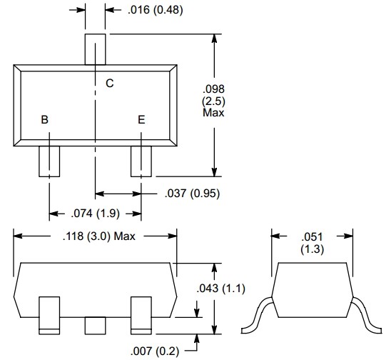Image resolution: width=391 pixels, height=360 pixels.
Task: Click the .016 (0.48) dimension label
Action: pos(155,10)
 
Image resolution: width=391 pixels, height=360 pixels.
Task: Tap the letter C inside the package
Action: pos(110,83)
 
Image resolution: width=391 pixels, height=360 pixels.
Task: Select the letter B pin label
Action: pos(44,119)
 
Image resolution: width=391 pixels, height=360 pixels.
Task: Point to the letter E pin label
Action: pos(141,120)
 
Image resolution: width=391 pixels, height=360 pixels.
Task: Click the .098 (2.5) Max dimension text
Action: pos(214,101)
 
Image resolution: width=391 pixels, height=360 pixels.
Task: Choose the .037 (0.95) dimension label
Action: pos(192,194)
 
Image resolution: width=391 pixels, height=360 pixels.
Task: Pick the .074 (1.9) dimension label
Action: pos(96,214)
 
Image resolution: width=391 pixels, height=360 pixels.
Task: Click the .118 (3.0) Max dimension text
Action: pos(99,236)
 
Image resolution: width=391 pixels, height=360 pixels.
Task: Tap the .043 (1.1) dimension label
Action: pos(221,289)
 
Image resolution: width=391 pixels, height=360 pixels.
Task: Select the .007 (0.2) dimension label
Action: pos(155,351)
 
